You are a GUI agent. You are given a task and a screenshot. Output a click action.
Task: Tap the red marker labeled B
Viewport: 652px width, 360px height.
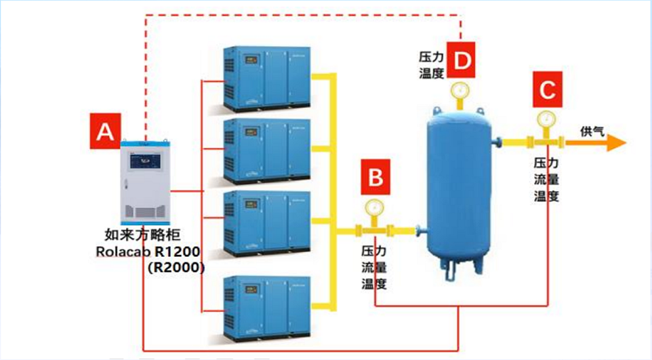[374, 177]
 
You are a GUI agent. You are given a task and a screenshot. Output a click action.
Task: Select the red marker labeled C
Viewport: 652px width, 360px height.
[546, 89]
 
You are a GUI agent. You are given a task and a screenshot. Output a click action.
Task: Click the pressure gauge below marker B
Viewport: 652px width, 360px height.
[373, 207]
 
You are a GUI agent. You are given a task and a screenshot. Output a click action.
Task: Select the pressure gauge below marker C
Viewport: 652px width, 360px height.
[544, 119]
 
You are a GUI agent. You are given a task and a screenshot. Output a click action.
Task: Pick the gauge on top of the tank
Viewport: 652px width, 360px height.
[461, 90]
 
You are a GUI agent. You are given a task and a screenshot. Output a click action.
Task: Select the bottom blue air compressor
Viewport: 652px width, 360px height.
[267, 306]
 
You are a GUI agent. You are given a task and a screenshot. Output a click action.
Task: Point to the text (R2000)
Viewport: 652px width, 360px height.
[177, 267]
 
